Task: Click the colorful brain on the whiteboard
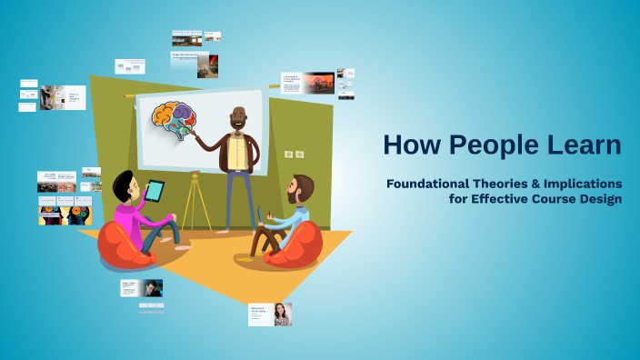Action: (175, 120)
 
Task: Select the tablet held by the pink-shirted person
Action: (155, 191)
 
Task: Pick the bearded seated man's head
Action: (300, 189)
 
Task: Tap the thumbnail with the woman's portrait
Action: (283, 315)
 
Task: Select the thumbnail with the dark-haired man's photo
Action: (152, 288)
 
